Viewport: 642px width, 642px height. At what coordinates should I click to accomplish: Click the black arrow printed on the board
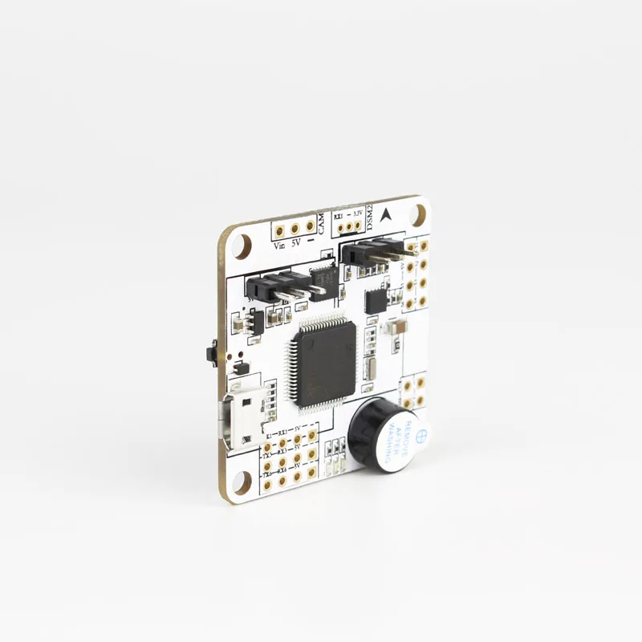(x=388, y=213)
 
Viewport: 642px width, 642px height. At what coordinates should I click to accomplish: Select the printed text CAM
(x=321, y=224)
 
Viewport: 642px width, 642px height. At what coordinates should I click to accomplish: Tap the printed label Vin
(x=281, y=246)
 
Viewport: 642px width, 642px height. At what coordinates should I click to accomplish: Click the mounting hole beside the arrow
(x=417, y=213)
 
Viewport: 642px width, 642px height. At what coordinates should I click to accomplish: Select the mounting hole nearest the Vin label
(x=245, y=242)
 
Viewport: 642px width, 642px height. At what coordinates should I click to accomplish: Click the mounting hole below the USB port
(x=239, y=481)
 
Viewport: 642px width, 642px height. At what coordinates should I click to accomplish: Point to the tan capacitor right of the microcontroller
(x=395, y=328)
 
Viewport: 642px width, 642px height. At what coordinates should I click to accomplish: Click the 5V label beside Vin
(x=295, y=242)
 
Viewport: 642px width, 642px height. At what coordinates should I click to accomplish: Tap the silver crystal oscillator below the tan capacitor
(x=368, y=370)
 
